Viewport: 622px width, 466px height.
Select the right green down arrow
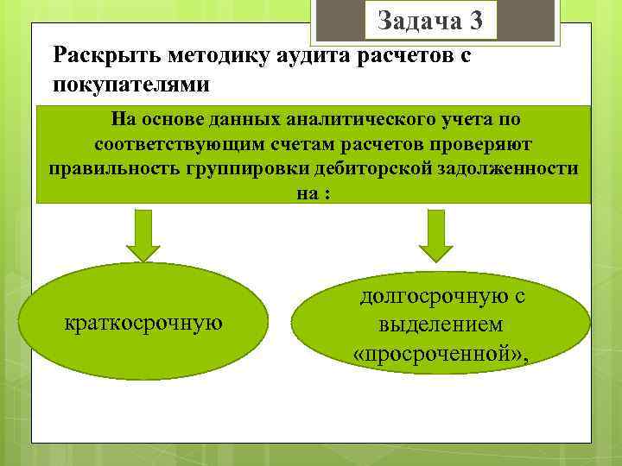point(435,235)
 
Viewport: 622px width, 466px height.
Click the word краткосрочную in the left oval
point(143,323)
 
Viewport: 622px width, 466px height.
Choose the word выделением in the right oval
point(441,325)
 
